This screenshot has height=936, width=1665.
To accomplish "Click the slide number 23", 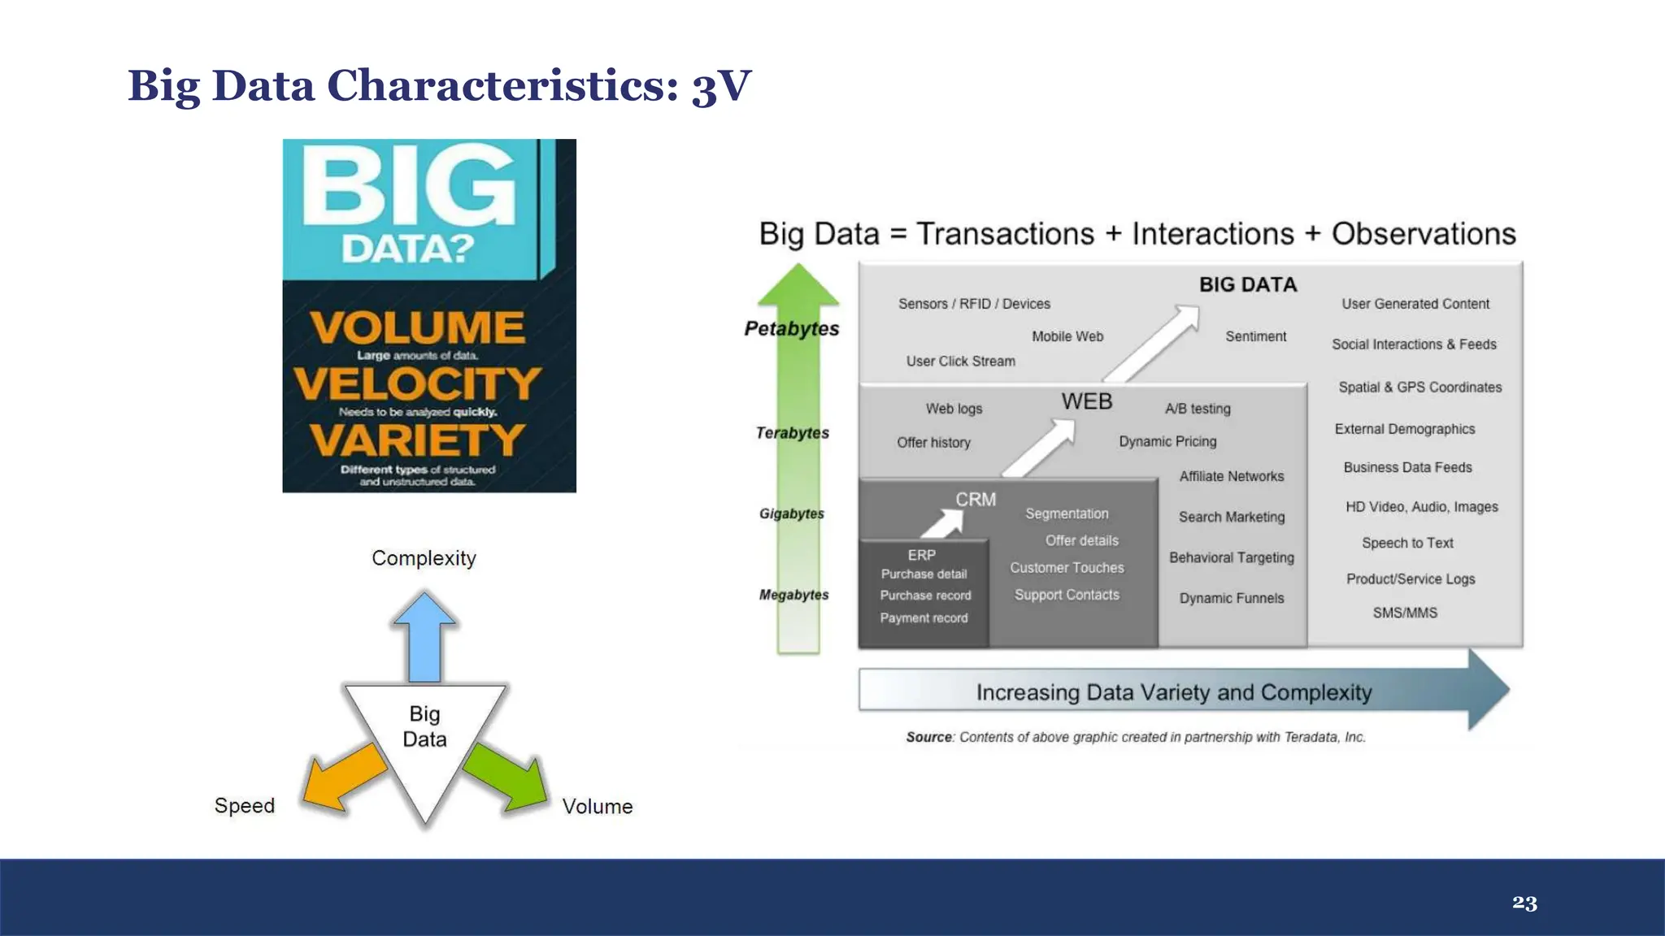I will pos(1524,903).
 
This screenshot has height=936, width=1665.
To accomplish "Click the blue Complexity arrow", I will pos(424,637).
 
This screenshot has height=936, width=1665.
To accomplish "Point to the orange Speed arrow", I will pos(345,778).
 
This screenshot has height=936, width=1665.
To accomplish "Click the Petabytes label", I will pos(792,329).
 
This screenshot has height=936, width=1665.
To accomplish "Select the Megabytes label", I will pos(793,595).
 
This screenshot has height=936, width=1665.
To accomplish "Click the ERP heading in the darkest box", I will pos(922,555).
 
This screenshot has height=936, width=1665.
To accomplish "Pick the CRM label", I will pos(976,500).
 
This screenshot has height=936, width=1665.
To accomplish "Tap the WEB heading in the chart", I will pos(1087,401).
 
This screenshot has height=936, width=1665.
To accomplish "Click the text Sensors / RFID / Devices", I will pos(974,304).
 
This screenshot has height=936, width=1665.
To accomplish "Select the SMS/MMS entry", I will pos(1405,613).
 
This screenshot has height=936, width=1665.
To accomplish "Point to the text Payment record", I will pos(924,618).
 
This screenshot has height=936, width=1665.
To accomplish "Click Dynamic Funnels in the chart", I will pos(1232,598).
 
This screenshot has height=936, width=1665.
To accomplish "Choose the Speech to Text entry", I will pos(1407,543).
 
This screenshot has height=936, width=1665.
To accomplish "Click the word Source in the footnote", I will pos(928,737).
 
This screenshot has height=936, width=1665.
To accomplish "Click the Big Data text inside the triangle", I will pos(424,726).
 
